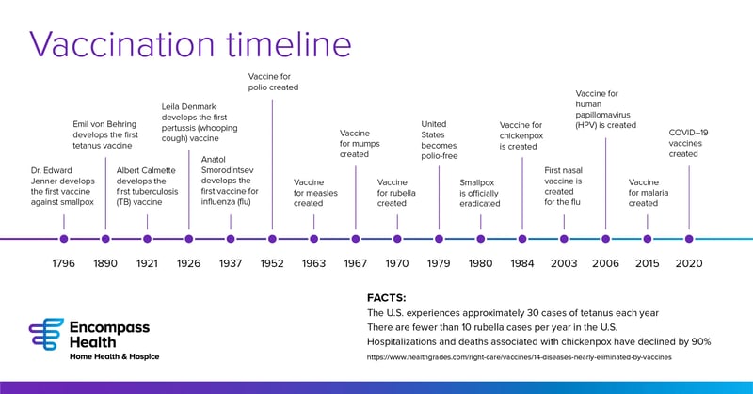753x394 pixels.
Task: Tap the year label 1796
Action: coord(64,263)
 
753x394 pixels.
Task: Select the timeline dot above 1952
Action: coord(272,239)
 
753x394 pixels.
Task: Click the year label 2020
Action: coord(689,263)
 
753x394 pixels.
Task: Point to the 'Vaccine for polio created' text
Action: coord(273,81)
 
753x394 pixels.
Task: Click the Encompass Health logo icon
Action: coord(46,334)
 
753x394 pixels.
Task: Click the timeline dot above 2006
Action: coord(605,239)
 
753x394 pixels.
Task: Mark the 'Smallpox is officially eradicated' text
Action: coord(480,193)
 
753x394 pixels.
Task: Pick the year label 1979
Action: coord(439,263)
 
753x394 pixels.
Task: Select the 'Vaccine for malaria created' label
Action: coord(648,193)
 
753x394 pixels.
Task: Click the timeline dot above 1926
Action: coord(189,239)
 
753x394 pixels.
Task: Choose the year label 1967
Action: coord(356,263)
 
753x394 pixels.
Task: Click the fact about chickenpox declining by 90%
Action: coord(538,340)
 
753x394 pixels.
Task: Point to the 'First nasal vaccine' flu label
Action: coord(565,185)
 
